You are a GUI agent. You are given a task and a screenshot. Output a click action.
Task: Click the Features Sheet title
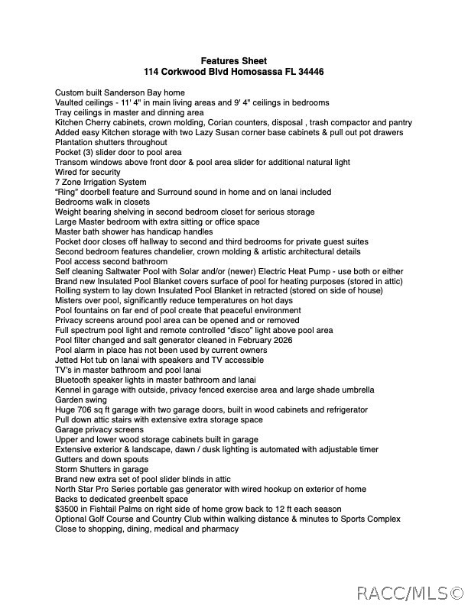tap(233, 61)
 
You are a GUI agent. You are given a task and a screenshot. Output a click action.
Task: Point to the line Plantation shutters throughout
tap(111, 142)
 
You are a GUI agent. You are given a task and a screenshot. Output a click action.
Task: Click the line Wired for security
tap(88, 172)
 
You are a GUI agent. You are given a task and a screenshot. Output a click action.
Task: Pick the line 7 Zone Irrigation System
tap(100, 182)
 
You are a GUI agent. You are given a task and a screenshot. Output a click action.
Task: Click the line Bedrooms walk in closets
tap(102, 202)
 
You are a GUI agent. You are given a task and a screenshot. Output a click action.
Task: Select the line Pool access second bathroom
tap(111, 261)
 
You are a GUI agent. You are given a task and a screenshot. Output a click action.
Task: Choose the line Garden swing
tap(80, 400)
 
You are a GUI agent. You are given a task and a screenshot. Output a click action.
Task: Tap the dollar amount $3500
tap(67, 509)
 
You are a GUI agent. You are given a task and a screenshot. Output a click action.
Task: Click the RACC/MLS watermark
tap(410, 593)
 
